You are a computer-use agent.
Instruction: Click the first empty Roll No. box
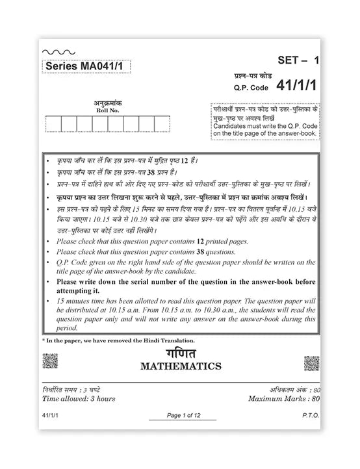(54, 123)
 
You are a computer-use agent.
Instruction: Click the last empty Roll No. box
(163, 123)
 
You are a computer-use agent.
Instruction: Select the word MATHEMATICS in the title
(181, 366)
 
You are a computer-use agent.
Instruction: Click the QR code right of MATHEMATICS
(312, 361)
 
